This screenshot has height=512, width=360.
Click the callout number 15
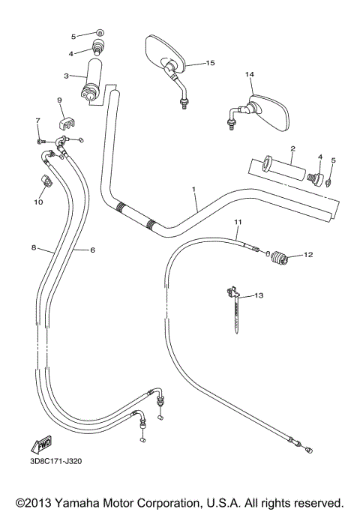pyautogui.click(x=210, y=63)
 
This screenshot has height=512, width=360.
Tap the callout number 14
pyautogui.click(x=249, y=74)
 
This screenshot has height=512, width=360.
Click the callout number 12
pyautogui.click(x=307, y=255)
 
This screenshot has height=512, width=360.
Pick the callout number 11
pyautogui.click(x=238, y=223)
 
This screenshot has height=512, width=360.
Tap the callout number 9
pyautogui.click(x=59, y=100)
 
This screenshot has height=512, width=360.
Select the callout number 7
pyautogui.click(x=37, y=121)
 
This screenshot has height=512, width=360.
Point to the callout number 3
pyautogui.click(x=67, y=76)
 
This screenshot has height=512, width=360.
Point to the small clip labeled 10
pyautogui.click(x=45, y=181)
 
